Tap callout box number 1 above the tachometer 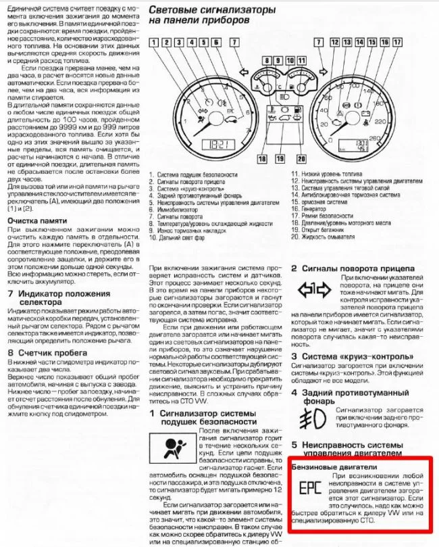point(155,43)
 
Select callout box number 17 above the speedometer point(385,43)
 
